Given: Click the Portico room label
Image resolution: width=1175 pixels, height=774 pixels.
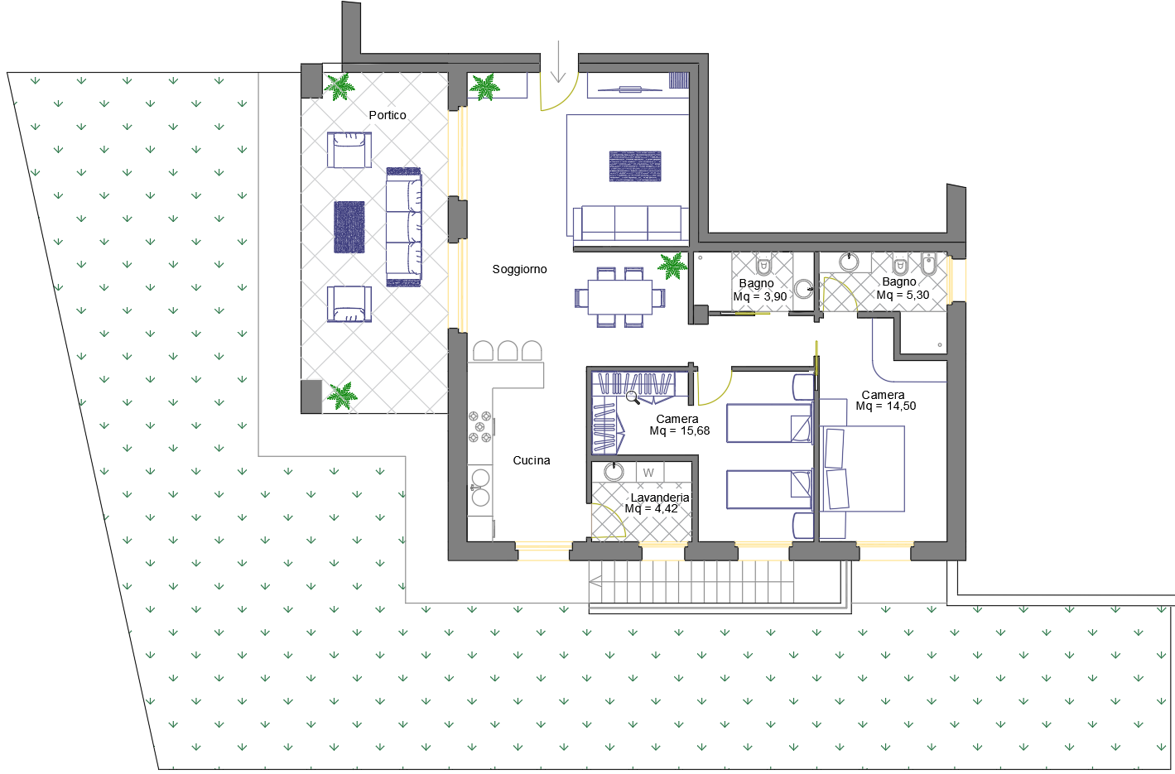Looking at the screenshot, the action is pos(388,115).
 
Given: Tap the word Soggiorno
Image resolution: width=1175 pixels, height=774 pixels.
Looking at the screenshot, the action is pos(519,270).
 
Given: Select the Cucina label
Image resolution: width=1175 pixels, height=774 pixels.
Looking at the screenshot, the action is pos(532,460).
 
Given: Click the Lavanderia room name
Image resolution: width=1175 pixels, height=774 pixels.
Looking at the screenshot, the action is pos(659,498).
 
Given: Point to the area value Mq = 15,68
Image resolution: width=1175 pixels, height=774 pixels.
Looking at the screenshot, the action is pos(679,431).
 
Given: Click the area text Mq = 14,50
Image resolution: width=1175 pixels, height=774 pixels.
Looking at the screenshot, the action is pos(885,406).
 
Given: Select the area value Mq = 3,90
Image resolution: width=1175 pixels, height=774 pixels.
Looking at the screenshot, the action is pos(760,297).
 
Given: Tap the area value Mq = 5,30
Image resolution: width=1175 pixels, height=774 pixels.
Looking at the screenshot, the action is pos(903,296).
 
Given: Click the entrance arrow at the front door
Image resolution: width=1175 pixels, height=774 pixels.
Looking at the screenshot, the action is pos(558,62).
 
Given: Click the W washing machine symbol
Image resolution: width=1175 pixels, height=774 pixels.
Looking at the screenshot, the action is pos(648,473).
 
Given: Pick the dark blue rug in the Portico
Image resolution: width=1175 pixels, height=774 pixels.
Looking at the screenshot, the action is pos(349,227).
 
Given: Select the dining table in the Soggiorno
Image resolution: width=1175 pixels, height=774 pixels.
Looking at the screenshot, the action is pos(620,297).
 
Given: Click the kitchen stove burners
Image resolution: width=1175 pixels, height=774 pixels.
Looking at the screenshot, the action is pos(480,426).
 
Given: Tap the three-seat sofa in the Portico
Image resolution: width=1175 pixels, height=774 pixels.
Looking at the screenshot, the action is pos(404,227).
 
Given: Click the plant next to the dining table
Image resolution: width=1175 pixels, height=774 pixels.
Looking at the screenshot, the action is pos(672,266).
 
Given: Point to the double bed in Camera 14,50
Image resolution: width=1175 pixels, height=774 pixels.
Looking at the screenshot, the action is pos(862,469).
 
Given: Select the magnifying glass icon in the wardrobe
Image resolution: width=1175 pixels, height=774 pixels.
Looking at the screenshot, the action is pos(633,398).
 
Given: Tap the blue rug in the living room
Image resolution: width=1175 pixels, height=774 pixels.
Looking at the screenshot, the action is pos(635,166).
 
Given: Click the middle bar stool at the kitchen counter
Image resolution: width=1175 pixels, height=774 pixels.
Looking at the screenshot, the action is pos(508,350).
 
